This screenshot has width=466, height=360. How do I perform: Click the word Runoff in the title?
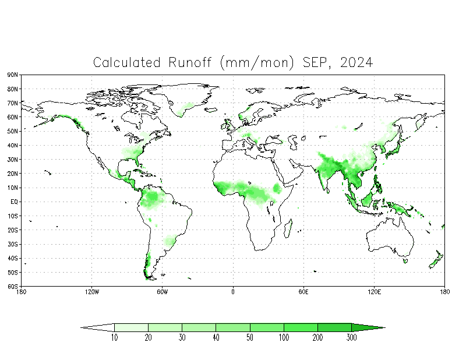pyautogui.click(x=190, y=62)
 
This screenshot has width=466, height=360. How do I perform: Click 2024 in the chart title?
pyautogui.click(x=356, y=62)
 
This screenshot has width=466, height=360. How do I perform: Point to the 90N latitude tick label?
pyautogui.click(x=12, y=75)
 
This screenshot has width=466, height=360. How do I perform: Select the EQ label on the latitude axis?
pyautogui.click(x=14, y=202)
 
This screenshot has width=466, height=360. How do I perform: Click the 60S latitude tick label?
pyautogui.click(x=12, y=286)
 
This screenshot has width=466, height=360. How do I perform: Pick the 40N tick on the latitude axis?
pyautogui.click(x=12, y=146)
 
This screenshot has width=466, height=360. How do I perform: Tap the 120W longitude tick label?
pyautogui.click(x=92, y=292)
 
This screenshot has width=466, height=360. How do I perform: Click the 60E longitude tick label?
pyautogui.click(x=303, y=292)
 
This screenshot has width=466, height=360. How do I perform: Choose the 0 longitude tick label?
pyautogui.click(x=233, y=292)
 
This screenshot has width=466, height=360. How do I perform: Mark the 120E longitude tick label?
pyautogui.click(x=374, y=292)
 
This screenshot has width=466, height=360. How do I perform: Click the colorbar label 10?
pyautogui.click(x=114, y=337)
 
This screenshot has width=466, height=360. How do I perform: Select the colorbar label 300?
pyautogui.click(x=352, y=337)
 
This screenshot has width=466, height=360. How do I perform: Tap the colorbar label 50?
pyautogui.click(x=250, y=337)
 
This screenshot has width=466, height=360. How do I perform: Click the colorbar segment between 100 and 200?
pyautogui.click(x=301, y=327)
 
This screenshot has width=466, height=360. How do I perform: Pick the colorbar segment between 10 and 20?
pyautogui.click(x=132, y=327)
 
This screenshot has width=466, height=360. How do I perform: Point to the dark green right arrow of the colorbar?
pyautogui.click(x=368, y=327)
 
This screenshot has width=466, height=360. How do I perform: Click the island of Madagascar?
pyautogui.click(x=288, y=228)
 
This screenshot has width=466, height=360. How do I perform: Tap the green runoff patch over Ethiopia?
pyautogui.click(x=277, y=189)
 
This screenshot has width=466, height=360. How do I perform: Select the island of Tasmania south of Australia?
pyautogui.click(x=405, y=261)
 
